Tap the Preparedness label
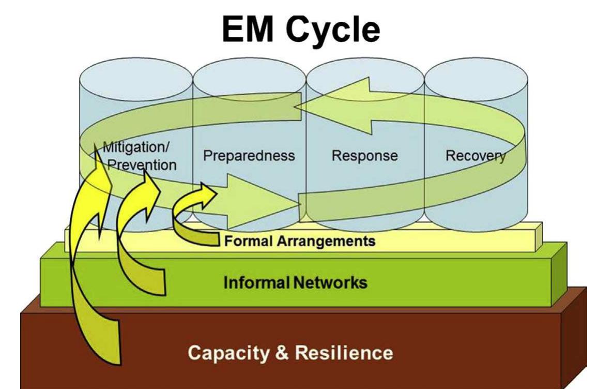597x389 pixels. (x=249, y=155)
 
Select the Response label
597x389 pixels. (x=365, y=155)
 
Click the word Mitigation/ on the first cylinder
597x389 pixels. (x=136, y=147)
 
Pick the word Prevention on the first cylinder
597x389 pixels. (x=142, y=165)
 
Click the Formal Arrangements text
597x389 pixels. (x=299, y=241)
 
